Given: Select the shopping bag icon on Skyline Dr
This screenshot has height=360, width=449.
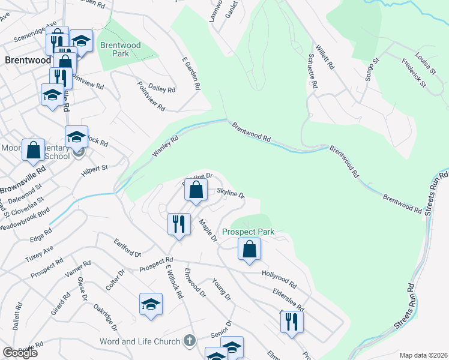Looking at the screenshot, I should (196, 191).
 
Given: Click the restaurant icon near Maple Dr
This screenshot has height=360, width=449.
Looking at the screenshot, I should (179, 224).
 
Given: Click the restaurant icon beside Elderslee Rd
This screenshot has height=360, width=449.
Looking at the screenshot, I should (292, 322).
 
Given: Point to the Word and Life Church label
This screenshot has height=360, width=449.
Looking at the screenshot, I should (140, 341).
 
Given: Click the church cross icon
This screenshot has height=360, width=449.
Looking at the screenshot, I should (190, 341).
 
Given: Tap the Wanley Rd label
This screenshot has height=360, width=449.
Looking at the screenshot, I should (166, 148).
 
